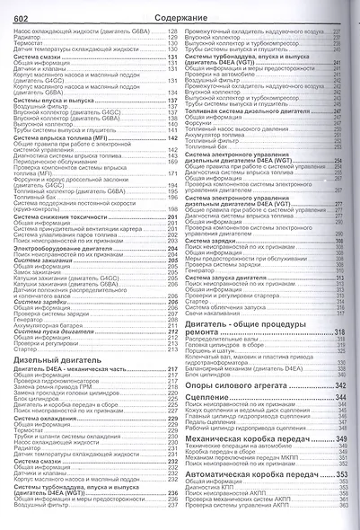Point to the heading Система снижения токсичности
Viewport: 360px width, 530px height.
62,216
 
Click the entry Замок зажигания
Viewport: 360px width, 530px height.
40,272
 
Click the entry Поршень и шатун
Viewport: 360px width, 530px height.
216,349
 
